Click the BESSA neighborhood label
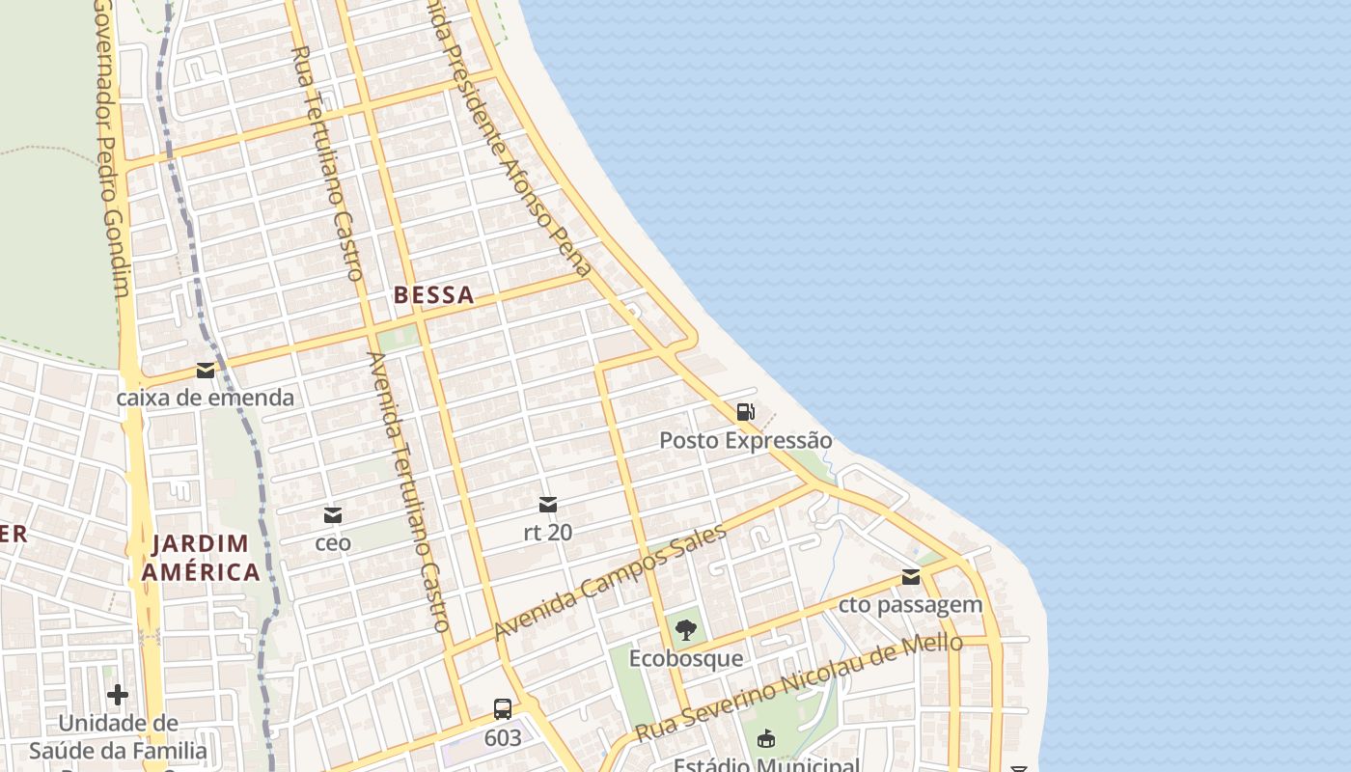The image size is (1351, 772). pos(434,295)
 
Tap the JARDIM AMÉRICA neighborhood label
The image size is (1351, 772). pos(201,558)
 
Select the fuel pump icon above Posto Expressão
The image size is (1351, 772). pos(745,413)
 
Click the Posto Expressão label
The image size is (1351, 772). pos(745,441)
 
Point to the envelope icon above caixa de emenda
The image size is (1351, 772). pos(206,371)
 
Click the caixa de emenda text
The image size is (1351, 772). pos(206,398)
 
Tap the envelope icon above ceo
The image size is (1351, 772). pos(333,515)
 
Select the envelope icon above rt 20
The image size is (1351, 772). pos(548,505)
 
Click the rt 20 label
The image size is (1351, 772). pos(548,532)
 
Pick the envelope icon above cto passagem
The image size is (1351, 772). pos(911,577)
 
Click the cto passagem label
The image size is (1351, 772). pos(911,605)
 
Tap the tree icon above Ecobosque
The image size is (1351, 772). pos(686,631)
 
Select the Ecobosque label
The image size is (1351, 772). pos(686,658)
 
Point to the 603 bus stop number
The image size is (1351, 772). pos(503,738)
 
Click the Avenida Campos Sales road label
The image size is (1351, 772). pos(610,582)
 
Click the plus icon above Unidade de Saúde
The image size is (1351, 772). pos(118,695)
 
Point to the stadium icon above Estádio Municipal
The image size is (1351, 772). pos(766,739)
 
